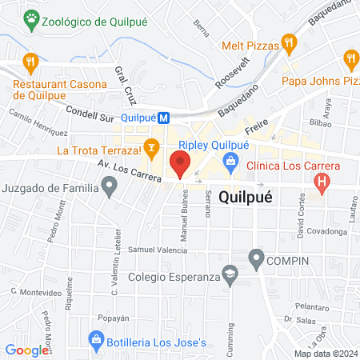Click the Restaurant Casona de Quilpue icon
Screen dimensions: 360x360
(30, 60)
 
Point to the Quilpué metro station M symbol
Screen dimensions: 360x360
(164, 117)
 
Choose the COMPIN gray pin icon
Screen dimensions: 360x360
(256, 258)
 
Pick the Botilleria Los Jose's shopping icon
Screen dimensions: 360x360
(96, 343)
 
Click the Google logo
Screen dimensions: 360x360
(27, 350)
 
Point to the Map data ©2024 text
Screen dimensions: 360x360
(326, 354)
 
